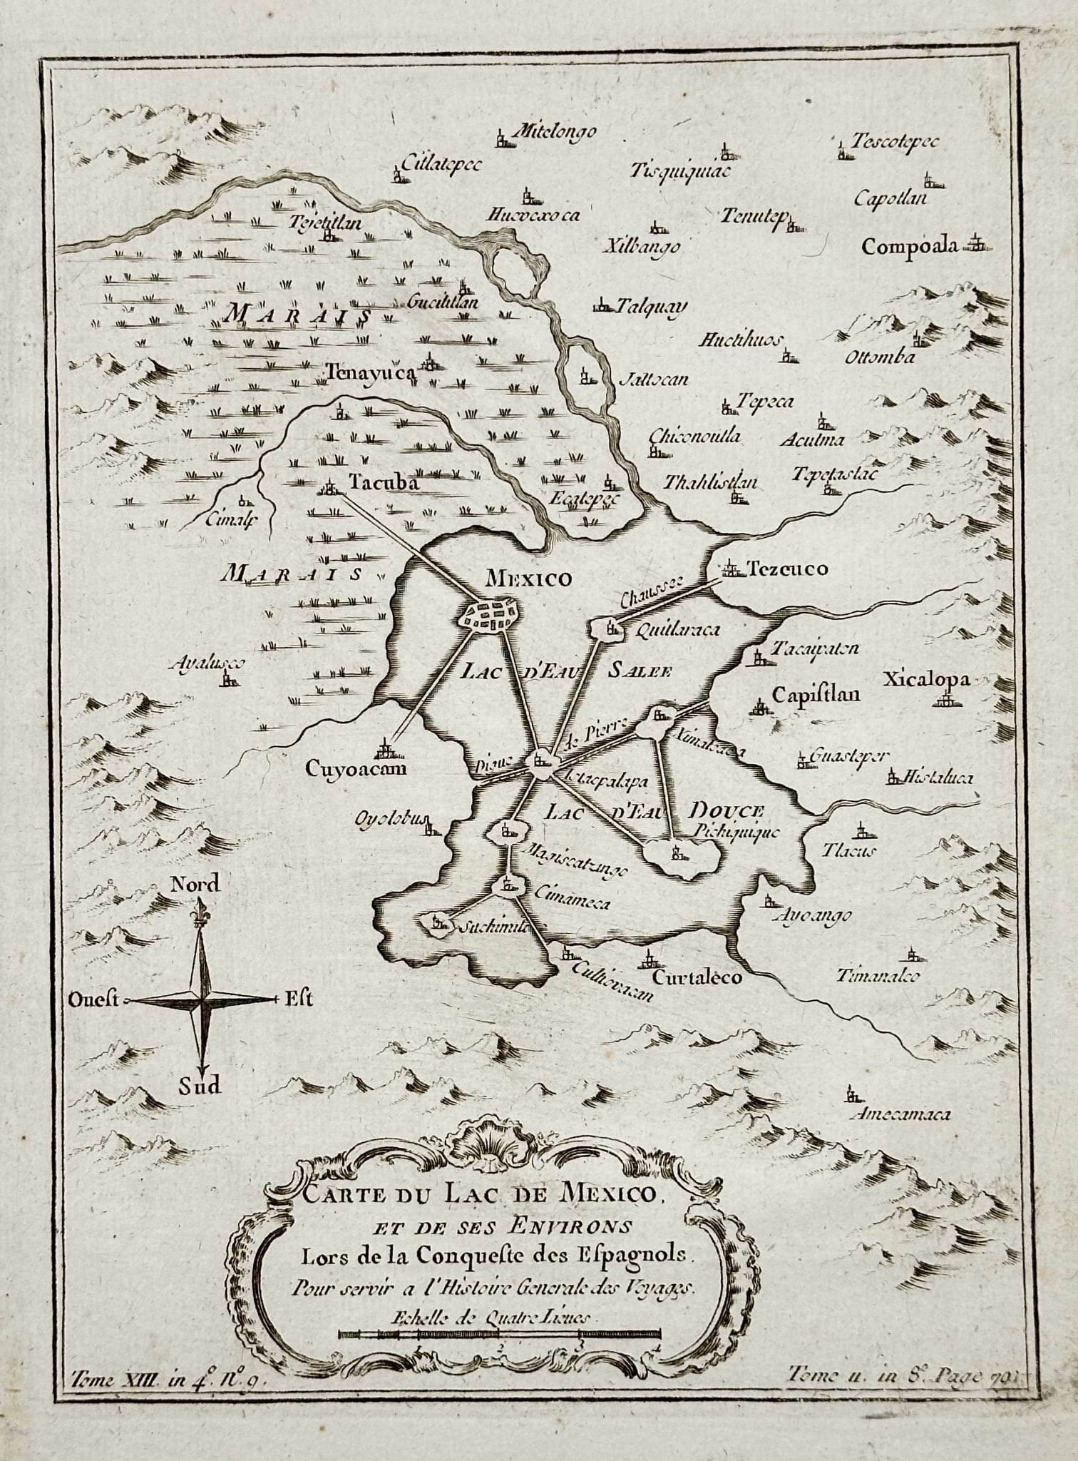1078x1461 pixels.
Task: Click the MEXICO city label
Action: (x=528, y=579)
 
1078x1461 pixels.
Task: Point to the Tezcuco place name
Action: (x=786, y=569)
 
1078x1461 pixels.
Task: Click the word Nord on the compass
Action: (x=195, y=885)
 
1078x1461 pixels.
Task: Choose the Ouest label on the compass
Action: (x=93, y=999)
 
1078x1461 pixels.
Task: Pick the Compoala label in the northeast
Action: (x=908, y=247)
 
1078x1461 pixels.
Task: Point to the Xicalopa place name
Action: (x=927, y=679)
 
